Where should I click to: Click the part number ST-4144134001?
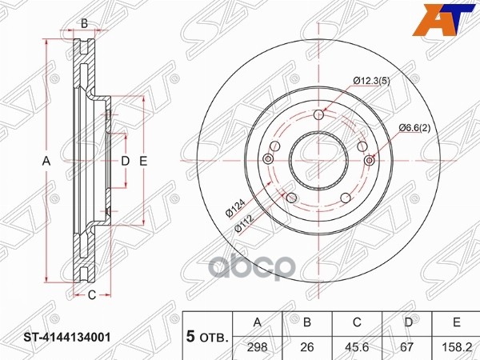(x=67, y=338)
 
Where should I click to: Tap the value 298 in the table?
(x=258, y=347)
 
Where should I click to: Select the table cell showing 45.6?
(x=357, y=347)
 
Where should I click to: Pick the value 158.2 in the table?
(x=457, y=347)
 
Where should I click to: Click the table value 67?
(x=407, y=347)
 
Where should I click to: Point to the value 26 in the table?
(x=307, y=347)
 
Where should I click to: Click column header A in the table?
(x=258, y=322)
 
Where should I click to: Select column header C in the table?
(x=357, y=322)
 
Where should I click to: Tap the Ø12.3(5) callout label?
(x=372, y=81)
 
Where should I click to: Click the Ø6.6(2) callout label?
(x=414, y=128)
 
